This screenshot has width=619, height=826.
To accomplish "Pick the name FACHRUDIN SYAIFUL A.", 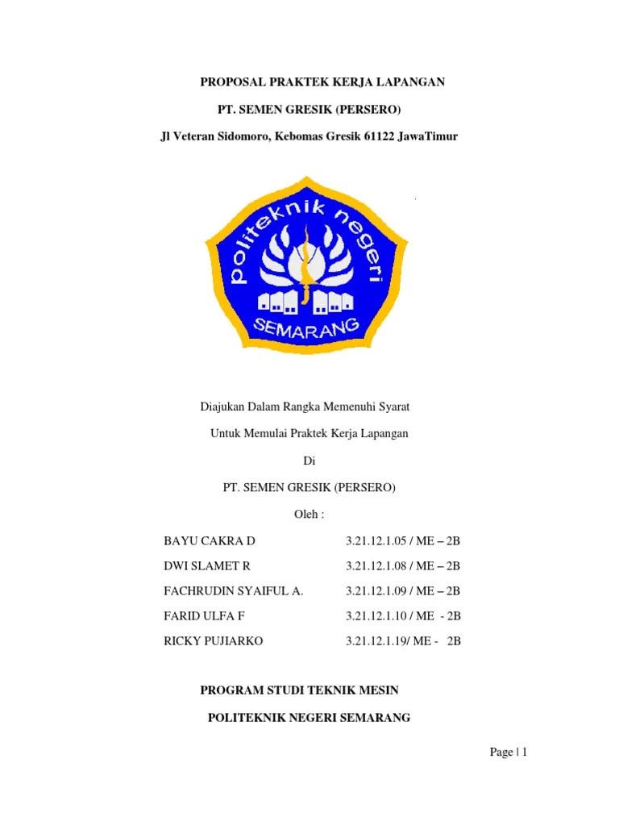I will [234, 590].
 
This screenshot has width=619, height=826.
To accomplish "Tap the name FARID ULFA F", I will [204, 615].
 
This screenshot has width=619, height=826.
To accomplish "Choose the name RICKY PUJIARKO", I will [213, 641].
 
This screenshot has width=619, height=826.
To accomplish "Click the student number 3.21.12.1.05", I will [377, 540].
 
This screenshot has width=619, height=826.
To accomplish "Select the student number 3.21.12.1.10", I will [377, 615].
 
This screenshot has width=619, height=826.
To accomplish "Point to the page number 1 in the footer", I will [524, 753].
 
